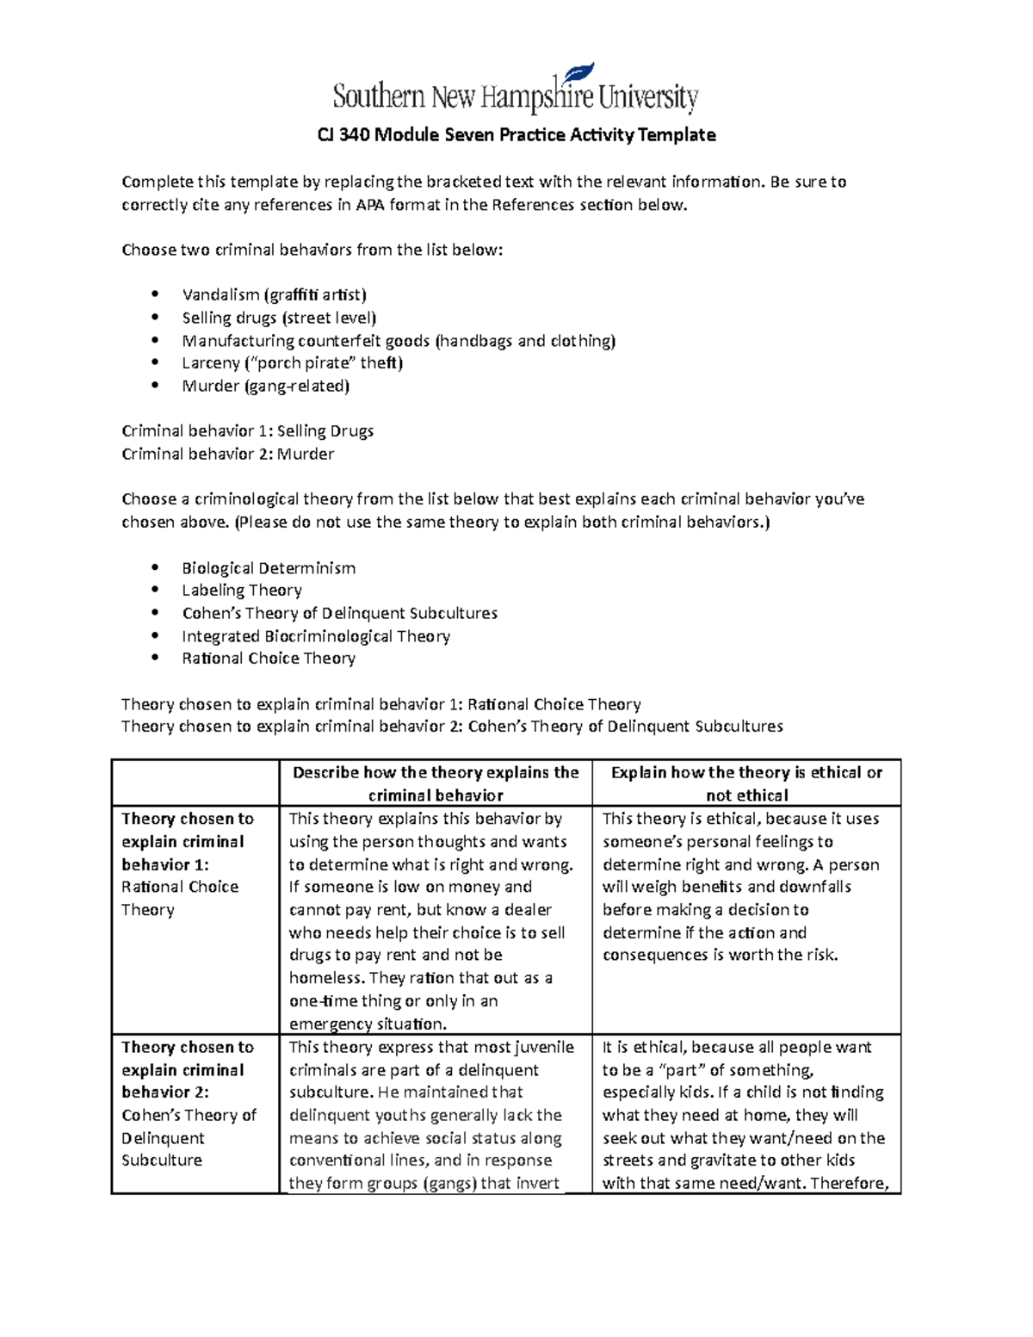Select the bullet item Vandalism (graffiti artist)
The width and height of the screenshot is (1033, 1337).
(x=274, y=294)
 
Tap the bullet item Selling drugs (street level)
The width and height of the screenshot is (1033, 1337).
(x=279, y=318)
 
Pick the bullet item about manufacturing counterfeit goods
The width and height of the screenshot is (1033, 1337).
(x=399, y=341)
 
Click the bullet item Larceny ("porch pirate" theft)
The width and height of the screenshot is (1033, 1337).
(x=292, y=363)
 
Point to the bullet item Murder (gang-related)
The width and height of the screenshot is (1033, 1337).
(x=265, y=386)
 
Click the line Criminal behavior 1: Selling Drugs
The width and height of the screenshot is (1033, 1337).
(x=248, y=431)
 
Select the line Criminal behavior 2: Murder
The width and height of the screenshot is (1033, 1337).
(x=228, y=454)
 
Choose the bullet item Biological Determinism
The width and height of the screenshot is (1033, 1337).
(x=269, y=568)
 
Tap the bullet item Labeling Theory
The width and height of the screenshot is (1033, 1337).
(x=242, y=591)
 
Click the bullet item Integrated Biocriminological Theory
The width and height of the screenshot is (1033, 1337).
(x=316, y=636)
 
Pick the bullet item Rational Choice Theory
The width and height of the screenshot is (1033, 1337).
(x=269, y=659)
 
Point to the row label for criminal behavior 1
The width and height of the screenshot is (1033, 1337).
(x=188, y=863)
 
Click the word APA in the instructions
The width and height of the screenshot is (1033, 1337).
(x=370, y=205)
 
